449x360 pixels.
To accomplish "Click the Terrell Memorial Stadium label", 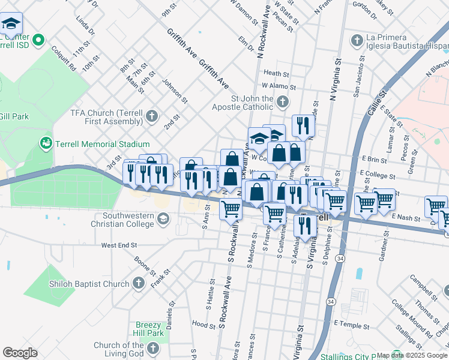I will point(101,144).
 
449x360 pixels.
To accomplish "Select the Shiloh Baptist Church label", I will point(90,284).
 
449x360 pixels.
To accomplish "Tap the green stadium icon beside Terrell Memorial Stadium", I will point(45,143).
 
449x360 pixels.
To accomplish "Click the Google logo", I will point(20,353).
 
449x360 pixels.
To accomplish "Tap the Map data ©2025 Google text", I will point(412,355).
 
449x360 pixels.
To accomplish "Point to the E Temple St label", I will point(349,324).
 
